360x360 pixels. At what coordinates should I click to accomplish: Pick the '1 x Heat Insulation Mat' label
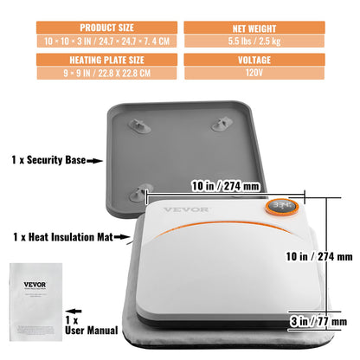(x=60, y=235)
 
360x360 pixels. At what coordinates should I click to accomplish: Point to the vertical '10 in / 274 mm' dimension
(x=321, y=256)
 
